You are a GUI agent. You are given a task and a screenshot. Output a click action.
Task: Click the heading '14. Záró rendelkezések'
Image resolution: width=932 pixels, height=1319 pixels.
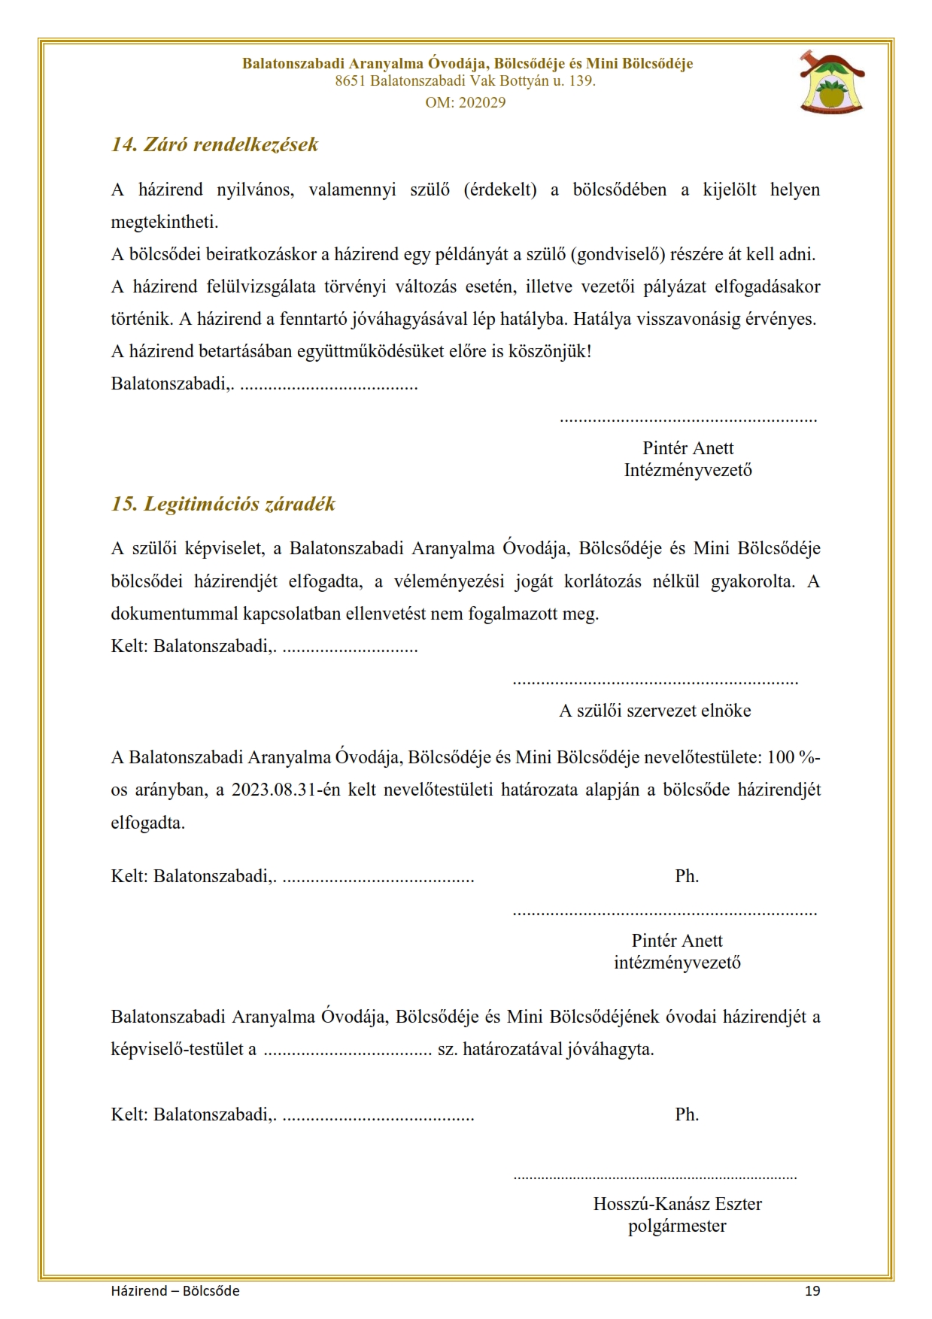(x=214, y=144)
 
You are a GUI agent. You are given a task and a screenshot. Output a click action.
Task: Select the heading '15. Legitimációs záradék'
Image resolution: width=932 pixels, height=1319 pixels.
(x=223, y=504)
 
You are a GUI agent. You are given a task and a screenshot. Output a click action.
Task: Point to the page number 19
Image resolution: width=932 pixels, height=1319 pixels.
(x=812, y=1291)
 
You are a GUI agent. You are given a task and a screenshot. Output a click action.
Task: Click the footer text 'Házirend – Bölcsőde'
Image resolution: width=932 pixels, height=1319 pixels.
(x=175, y=1291)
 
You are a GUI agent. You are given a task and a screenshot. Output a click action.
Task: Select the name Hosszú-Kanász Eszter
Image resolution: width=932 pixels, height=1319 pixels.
(x=677, y=1204)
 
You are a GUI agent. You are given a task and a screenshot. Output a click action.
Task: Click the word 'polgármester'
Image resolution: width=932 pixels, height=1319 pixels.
(x=677, y=1227)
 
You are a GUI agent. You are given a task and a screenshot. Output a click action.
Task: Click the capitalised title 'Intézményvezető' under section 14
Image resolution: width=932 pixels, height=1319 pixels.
(x=688, y=471)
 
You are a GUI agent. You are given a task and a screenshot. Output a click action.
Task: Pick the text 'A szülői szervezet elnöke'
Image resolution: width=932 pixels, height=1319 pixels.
(x=654, y=711)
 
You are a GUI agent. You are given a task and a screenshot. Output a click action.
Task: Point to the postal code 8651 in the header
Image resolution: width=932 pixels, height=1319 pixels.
(x=351, y=81)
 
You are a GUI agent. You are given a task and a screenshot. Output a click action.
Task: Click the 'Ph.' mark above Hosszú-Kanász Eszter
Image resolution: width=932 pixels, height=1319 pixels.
(x=687, y=1114)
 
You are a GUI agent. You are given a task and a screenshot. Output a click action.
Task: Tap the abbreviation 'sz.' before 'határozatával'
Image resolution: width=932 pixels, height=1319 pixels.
(x=448, y=1049)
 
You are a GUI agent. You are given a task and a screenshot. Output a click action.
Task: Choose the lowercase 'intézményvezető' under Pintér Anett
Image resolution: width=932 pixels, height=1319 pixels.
(x=677, y=963)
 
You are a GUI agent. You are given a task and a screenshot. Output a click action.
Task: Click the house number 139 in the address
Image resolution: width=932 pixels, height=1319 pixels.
(x=581, y=81)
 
